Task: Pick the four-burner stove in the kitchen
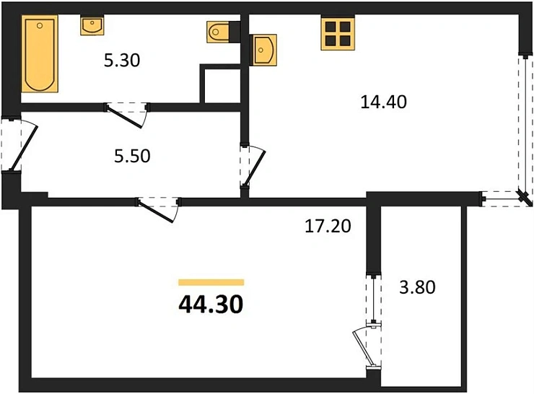pyautogui.click(x=338, y=32)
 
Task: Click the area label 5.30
pyautogui.click(x=121, y=61)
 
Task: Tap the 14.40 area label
pyautogui.click(x=384, y=102)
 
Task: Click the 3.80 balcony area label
pyautogui.click(x=417, y=289)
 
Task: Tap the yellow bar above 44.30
pyautogui.click(x=211, y=282)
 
